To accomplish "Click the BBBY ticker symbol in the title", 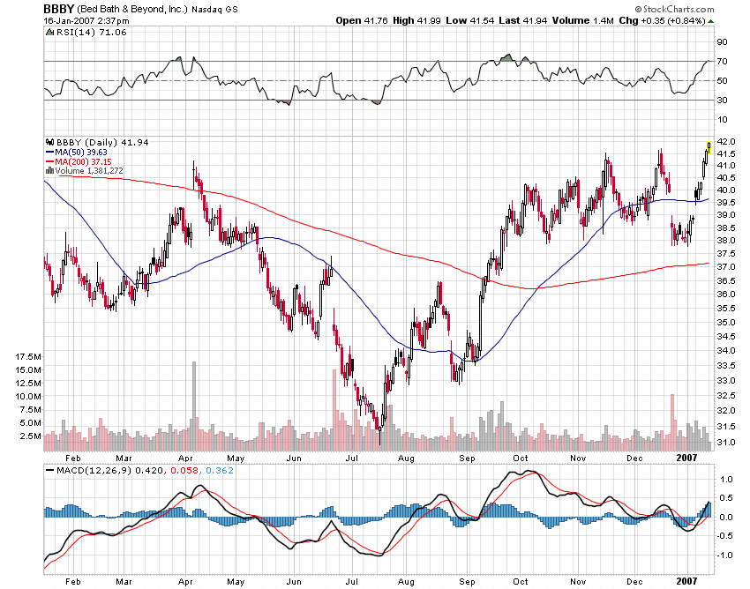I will (57, 8).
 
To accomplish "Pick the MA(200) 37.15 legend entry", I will (81, 161).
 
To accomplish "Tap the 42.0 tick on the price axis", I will (725, 141).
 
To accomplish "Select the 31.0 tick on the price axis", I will (725, 442).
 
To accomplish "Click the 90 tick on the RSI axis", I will (722, 41).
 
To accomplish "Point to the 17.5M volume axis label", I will (29, 355).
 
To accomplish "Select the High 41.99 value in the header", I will (420, 20).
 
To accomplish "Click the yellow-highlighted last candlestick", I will (709, 145).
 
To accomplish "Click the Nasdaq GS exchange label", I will (215, 9).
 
